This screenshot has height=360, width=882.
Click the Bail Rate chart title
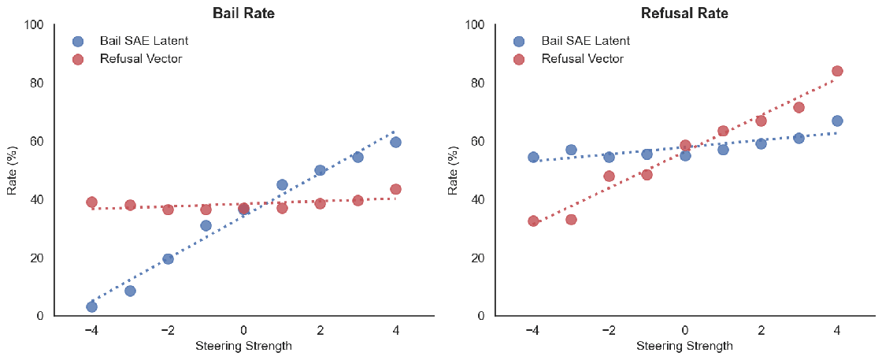[243, 13]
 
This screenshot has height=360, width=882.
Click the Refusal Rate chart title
[684, 13]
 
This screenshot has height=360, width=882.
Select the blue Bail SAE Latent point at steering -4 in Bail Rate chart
[91, 306]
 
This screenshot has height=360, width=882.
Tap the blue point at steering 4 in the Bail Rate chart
[395, 142]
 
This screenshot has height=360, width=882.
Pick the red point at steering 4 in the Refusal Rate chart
[837, 71]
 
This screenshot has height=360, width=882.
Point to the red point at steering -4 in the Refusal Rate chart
[533, 221]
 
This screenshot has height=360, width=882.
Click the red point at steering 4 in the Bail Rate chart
[395, 189]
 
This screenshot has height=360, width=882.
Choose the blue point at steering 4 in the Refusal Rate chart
[837, 121]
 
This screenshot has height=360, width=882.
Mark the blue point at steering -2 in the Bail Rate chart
[168, 258]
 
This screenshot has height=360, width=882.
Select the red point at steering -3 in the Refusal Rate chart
[571, 219]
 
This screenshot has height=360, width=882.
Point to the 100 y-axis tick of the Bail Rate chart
[32, 24]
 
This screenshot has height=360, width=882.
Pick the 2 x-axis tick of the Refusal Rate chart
[761, 330]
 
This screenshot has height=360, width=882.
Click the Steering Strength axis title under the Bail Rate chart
[243, 346]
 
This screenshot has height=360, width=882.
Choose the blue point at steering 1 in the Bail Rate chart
[282, 185]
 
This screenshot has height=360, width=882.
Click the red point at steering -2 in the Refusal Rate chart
[609, 176]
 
